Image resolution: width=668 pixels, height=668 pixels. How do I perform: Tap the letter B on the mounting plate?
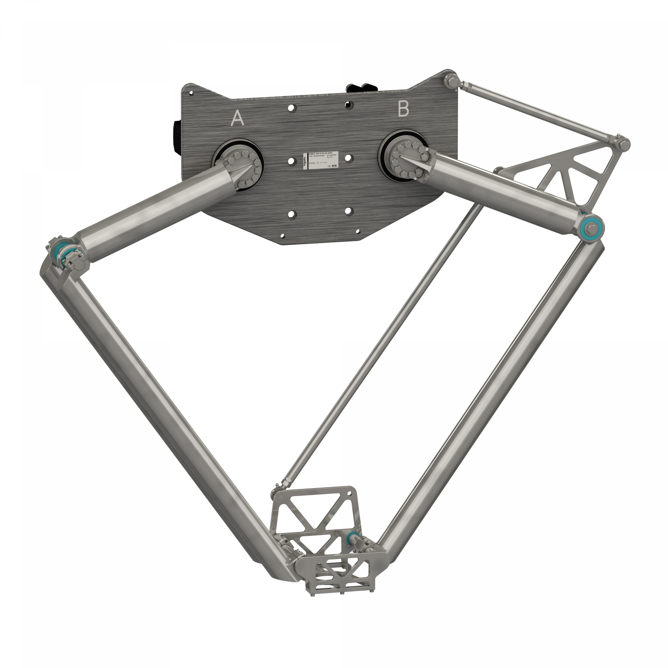click(x=403, y=109)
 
